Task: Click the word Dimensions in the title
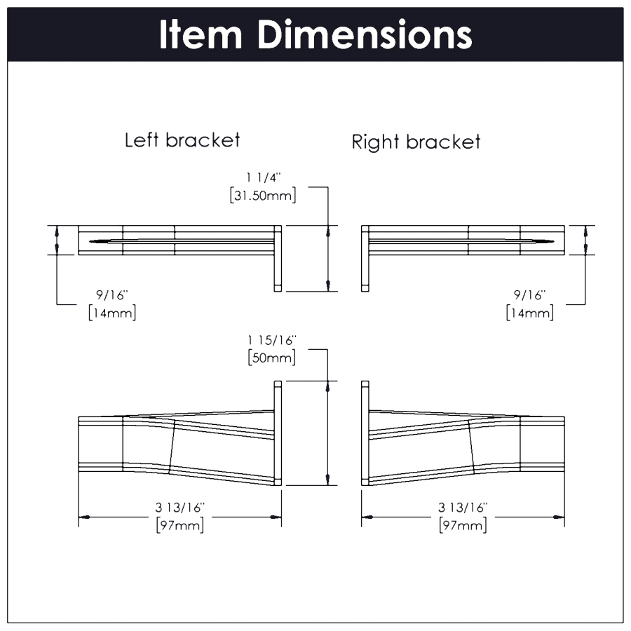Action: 364,34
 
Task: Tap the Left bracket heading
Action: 182,140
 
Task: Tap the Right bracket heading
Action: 416,142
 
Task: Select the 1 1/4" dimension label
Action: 263,179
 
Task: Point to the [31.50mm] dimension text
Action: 263,196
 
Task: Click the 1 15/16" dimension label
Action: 271,340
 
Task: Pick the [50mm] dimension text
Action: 271,357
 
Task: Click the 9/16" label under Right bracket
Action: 529,295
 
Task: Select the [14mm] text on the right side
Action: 529,312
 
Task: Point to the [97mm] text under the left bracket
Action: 180,524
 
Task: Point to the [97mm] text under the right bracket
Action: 463,524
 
